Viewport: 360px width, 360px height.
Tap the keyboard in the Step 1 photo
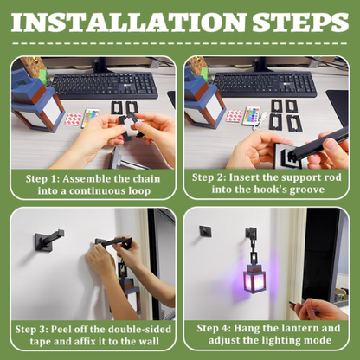tap(105, 84)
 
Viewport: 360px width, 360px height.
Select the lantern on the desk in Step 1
tap(36, 100)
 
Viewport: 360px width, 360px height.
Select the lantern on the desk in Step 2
tap(204, 100)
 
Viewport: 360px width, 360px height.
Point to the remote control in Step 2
tap(254, 119)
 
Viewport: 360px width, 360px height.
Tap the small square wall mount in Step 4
tap(206, 231)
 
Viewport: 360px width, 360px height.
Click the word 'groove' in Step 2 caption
tap(306, 189)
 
